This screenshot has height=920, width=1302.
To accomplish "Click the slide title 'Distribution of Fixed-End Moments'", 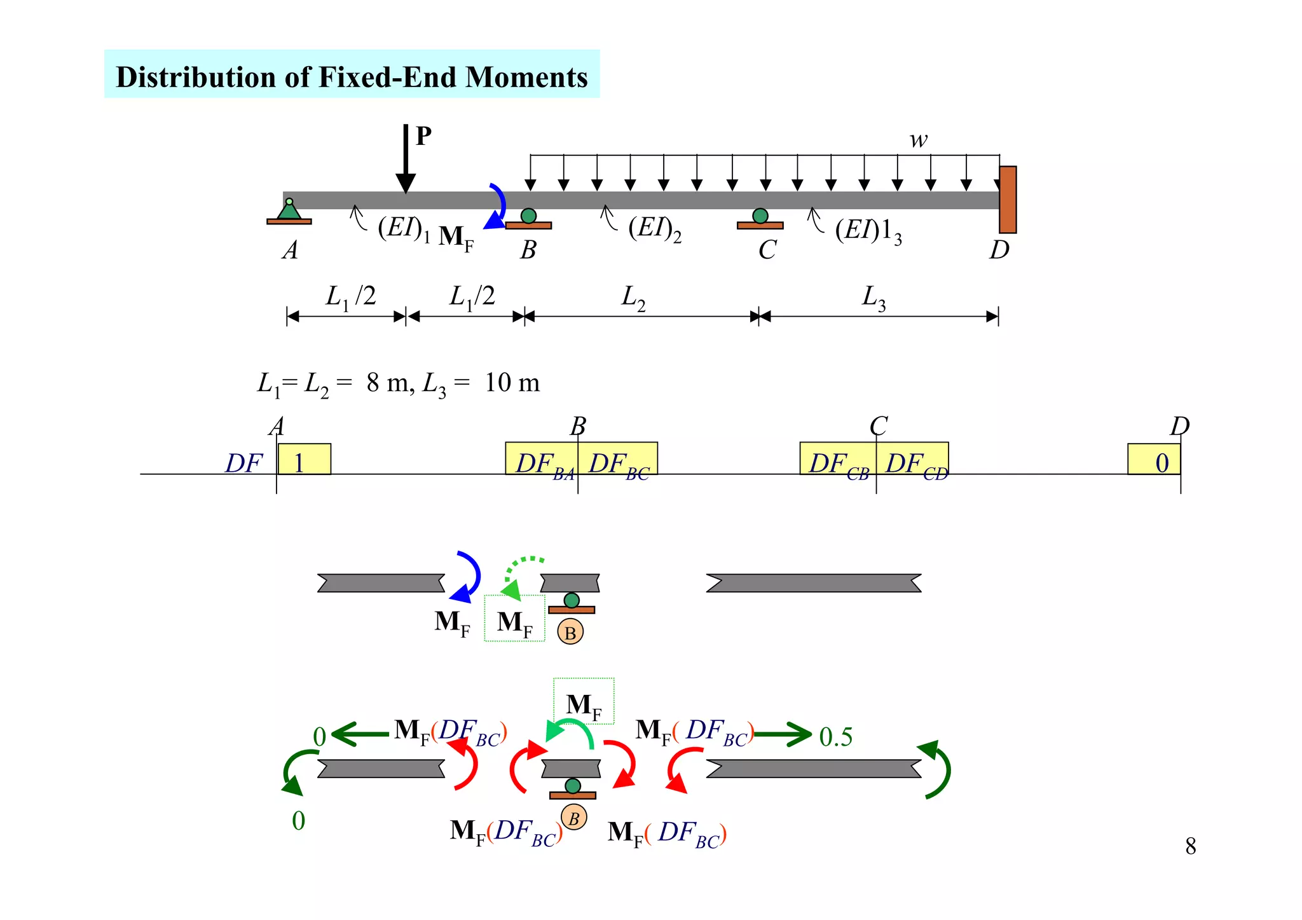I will tap(352, 76).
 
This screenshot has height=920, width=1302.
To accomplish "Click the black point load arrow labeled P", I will tap(406, 159).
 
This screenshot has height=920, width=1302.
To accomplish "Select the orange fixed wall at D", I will tap(1007, 200).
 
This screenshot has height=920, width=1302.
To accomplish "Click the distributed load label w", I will tap(918, 140).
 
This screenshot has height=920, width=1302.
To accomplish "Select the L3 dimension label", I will tap(874, 298).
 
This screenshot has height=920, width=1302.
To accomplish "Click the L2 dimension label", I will tap(633, 298).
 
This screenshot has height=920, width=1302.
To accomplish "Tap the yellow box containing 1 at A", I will tap(304, 459).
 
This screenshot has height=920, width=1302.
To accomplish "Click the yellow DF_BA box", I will tap(542, 459).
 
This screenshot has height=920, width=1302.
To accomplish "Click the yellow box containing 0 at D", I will tap(1154, 459).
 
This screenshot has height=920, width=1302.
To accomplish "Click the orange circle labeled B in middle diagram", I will tap(570, 632).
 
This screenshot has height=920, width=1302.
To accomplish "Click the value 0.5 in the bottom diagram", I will tap(835, 737).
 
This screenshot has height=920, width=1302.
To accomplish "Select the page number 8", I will tap(1190, 846).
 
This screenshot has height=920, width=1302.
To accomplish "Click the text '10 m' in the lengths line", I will tap(512, 383).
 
